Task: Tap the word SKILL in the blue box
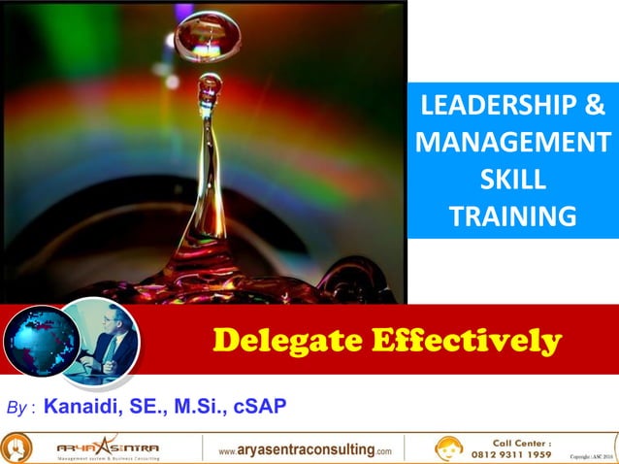coord(512,181)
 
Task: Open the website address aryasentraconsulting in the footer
coord(305,449)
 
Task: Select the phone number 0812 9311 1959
coord(511,453)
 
